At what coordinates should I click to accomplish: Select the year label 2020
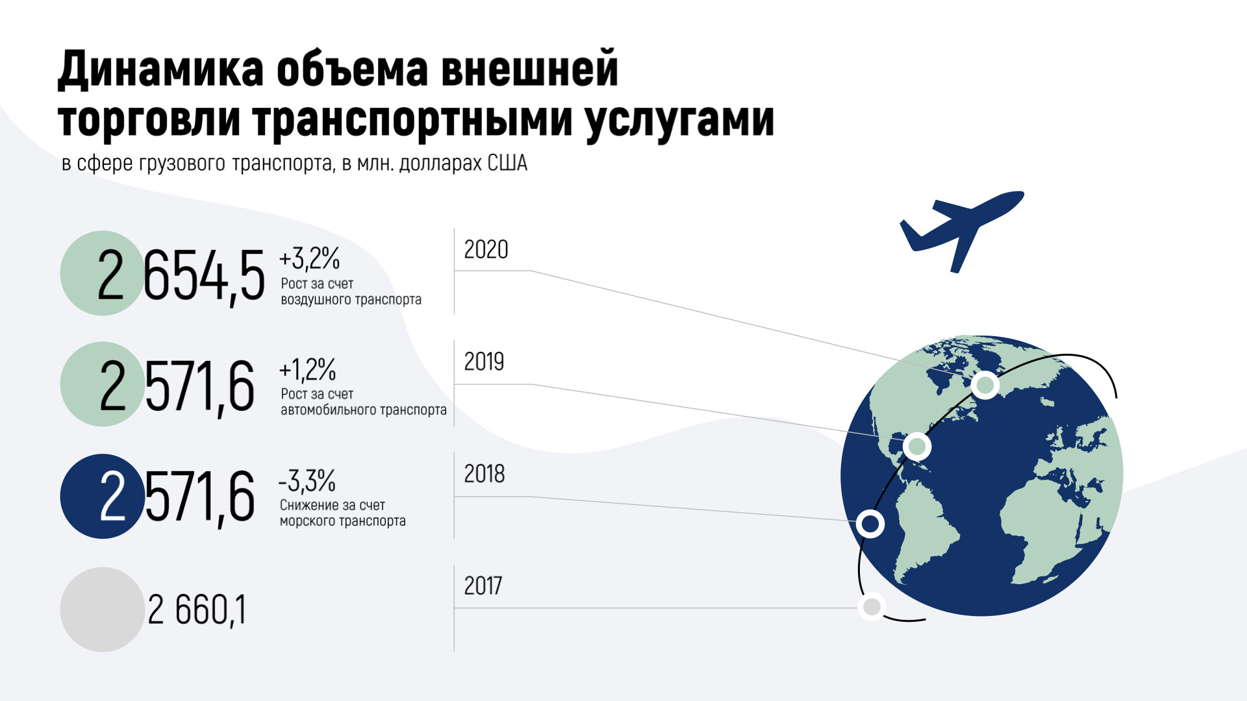tap(486, 250)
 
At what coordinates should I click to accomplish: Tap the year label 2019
tap(484, 362)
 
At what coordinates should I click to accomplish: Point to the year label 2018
tap(484, 474)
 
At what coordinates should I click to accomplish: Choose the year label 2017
tap(483, 585)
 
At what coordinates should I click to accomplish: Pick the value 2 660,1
tap(197, 609)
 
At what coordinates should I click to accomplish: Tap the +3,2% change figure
tap(309, 258)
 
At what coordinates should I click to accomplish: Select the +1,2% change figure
tap(307, 369)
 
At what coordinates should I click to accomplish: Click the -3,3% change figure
tap(307, 481)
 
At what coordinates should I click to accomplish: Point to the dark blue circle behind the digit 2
tap(102, 496)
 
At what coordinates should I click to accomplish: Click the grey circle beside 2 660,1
tap(102, 609)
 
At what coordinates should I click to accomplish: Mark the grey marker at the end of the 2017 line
tap(872, 607)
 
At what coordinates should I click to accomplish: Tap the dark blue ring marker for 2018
tap(870, 524)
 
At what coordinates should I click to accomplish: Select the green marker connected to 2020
tap(985, 386)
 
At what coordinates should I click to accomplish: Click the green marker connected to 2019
tap(917, 447)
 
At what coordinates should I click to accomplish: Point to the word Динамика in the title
tap(160, 69)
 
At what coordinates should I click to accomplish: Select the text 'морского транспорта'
tap(343, 521)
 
